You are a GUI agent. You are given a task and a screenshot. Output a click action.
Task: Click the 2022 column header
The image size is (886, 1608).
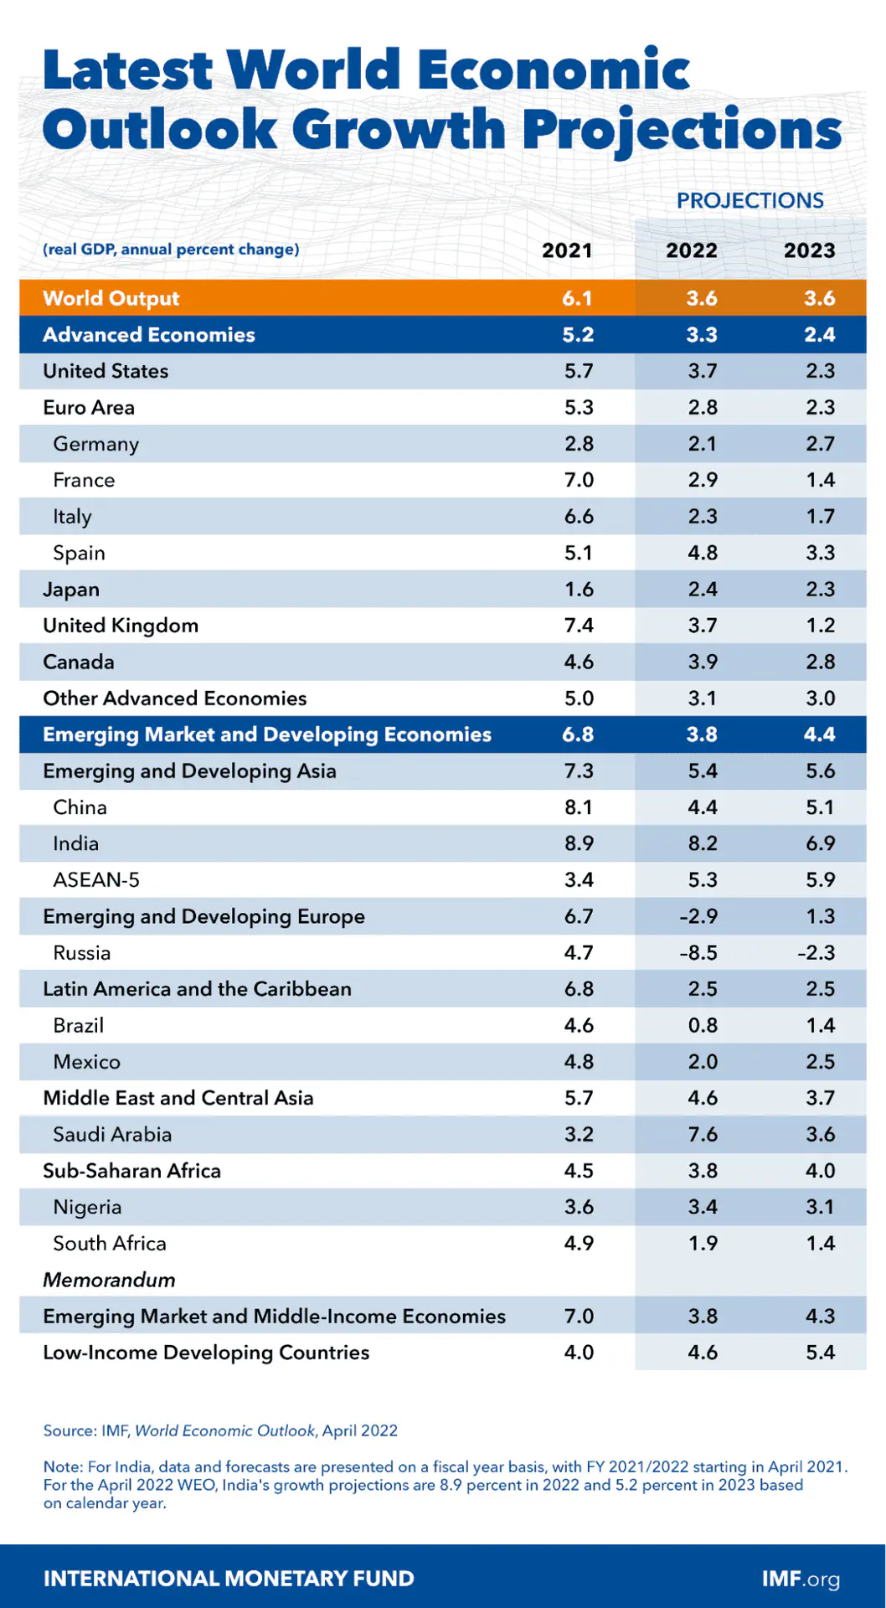691,250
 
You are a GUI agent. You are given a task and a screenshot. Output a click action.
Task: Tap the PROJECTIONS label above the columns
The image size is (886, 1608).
749,201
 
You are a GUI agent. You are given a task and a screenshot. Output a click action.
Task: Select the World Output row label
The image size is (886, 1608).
111,298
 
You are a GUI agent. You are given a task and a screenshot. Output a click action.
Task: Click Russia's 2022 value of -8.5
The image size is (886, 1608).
698,953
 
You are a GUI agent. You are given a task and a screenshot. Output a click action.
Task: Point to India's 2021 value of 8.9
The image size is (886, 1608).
579,843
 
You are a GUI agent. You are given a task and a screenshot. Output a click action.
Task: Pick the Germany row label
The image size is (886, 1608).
95,444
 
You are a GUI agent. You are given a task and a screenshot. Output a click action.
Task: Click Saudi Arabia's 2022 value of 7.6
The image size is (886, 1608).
702,1134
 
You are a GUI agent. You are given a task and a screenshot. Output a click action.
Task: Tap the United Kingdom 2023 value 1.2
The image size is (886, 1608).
820,626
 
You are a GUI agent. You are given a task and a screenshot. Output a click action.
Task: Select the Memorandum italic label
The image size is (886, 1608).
109,1280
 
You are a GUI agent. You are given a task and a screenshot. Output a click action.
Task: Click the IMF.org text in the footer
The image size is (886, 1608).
800,1579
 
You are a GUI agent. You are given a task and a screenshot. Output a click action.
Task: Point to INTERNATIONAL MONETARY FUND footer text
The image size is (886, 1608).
229,1579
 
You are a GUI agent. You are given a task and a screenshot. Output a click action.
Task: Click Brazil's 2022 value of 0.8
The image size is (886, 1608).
702,1025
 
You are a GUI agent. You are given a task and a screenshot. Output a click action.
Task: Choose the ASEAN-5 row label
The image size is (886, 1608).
95,880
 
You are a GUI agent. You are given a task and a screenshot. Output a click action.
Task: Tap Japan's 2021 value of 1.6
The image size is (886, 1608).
579,590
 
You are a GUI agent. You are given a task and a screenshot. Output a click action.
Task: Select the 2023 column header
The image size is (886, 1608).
809,250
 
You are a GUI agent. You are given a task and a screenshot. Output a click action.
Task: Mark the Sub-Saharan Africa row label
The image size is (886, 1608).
131,1171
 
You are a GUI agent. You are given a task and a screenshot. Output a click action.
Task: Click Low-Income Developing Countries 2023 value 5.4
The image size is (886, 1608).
820,1353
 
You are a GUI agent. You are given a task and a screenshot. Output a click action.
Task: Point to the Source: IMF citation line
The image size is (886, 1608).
220,1430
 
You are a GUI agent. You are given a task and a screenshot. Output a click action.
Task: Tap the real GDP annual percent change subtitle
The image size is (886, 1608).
171,250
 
